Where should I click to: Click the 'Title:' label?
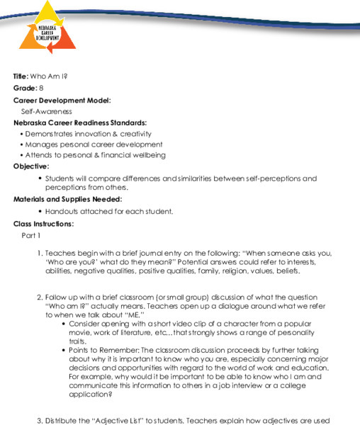[x=21, y=76]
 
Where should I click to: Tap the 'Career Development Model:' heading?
[x=62, y=100]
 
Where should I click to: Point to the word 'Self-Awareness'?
[x=46, y=111]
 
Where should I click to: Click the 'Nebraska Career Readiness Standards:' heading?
[x=80, y=123]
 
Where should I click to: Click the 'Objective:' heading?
[x=31, y=166]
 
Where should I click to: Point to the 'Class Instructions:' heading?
[x=43, y=224]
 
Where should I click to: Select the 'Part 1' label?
[x=31, y=234]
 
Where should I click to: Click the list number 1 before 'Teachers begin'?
[x=40, y=253]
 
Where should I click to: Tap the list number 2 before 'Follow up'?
[x=40, y=297]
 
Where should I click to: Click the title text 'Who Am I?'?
[x=47, y=76]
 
